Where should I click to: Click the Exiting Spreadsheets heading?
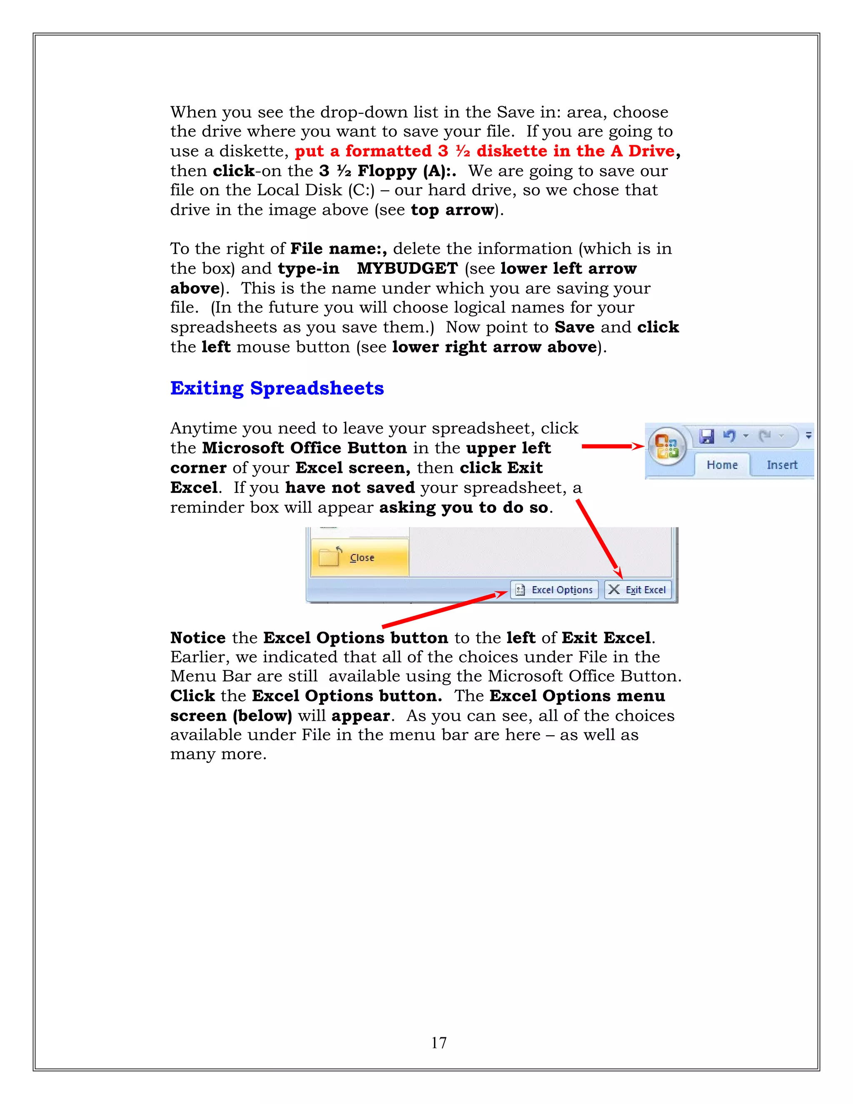click(x=277, y=388)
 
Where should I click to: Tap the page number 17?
click(x=438, y=1042)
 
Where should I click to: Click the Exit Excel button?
click(x=638, y=590)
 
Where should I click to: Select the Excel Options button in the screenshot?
click(x=554, y=590)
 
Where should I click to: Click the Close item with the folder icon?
click(x=359, y=557)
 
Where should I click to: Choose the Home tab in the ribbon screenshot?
click(x=722, y=465)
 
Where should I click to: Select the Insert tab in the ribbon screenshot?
click(x=782, y=465)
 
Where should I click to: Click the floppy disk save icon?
click(x=706, y=436)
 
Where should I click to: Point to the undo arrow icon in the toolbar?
click(x=729, y=436)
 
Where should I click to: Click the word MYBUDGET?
click(x=407, y=268)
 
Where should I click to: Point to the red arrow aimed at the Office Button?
click(x=612, y=446)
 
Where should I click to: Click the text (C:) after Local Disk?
click(x=361, y=190)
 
